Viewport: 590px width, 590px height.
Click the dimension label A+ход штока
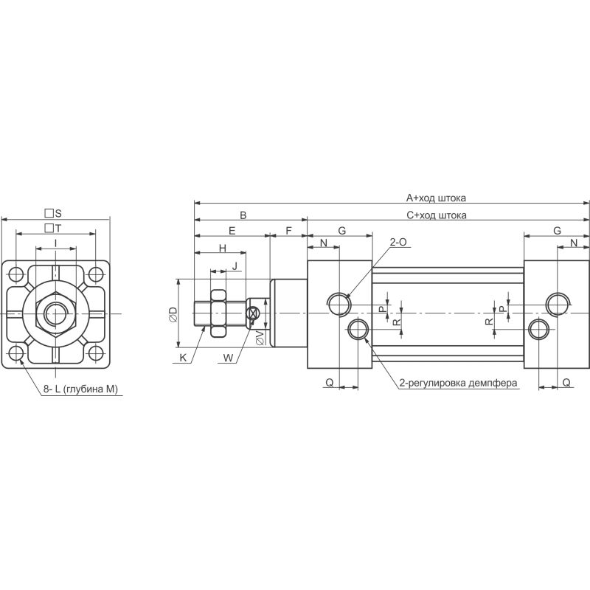[436, 198]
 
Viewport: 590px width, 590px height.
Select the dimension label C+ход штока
[437, 215]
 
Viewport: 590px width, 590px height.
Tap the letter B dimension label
[243, 215]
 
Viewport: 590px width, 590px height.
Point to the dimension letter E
[232, 231]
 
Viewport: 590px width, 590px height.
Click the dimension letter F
[288, 231]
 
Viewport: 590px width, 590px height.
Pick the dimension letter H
[223, 248]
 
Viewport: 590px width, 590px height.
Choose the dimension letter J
[235, 266]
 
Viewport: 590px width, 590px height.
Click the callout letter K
[183, 358]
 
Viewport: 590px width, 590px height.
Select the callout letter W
[228, 358]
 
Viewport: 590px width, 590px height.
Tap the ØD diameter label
[173, 314]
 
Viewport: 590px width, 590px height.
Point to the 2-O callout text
[398, 242]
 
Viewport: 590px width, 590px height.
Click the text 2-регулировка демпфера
[458, 383]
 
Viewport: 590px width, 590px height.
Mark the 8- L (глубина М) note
[80, 389]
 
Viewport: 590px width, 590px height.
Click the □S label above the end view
[53, 213]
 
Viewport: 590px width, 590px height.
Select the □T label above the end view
[53, 228]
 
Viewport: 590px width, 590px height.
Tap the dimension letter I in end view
[56, 243]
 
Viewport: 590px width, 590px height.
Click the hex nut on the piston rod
[218, 313]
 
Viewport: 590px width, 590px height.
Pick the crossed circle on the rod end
[252, 313]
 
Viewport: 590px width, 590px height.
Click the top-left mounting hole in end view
[16, 274]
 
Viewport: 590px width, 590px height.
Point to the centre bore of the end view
[56, 313]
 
